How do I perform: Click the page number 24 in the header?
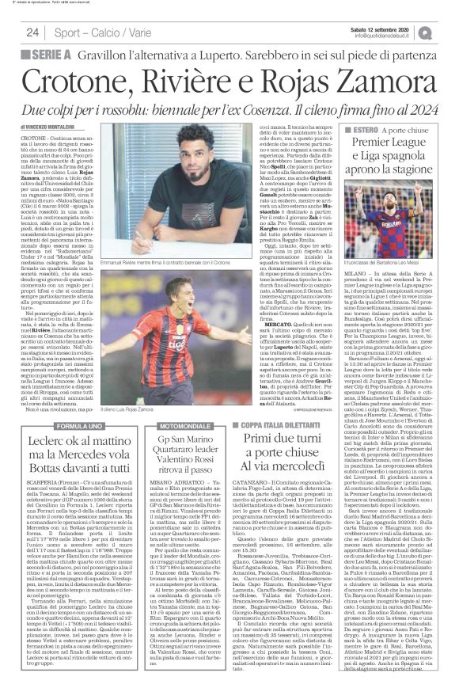(x=33, y=32)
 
